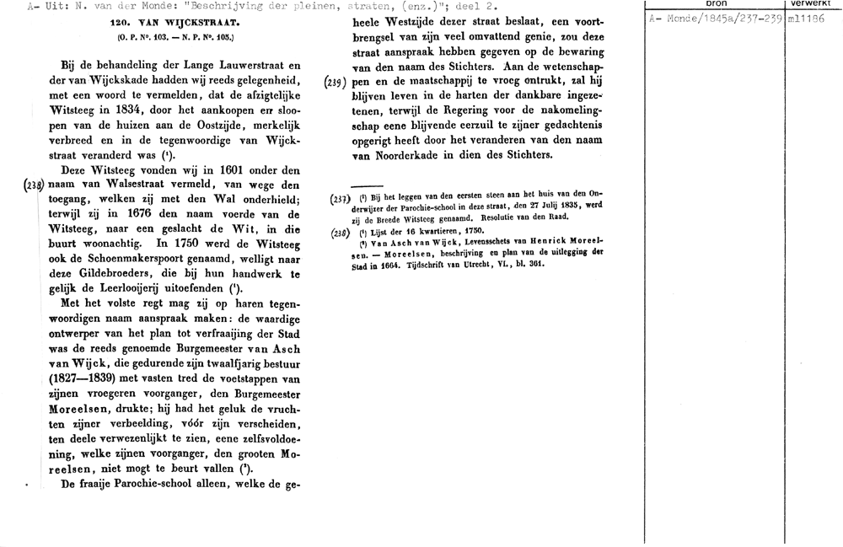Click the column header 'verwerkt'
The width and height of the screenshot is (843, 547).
813,4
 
